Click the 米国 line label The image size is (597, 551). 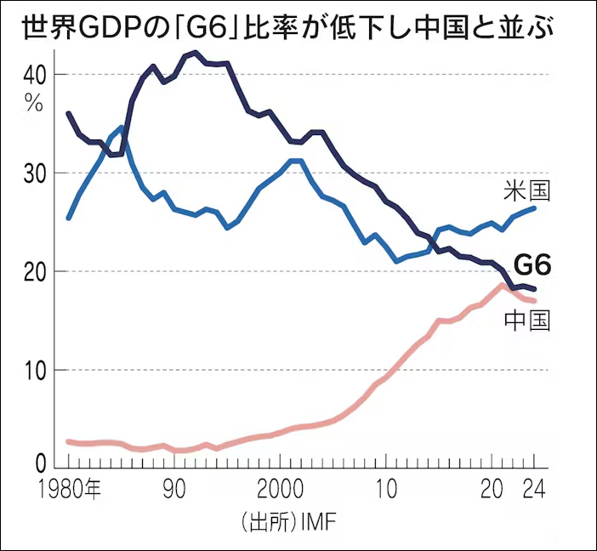point(527,190)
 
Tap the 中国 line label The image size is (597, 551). point(527,320)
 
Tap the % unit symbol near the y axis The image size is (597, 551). point(33,103)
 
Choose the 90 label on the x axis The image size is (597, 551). point(174,491)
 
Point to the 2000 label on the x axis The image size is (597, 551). point(280,491)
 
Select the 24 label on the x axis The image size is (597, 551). point(534,491)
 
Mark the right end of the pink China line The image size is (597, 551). point(534,300)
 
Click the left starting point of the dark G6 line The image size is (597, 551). point(68,113)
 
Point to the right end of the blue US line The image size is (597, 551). point(534,207)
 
